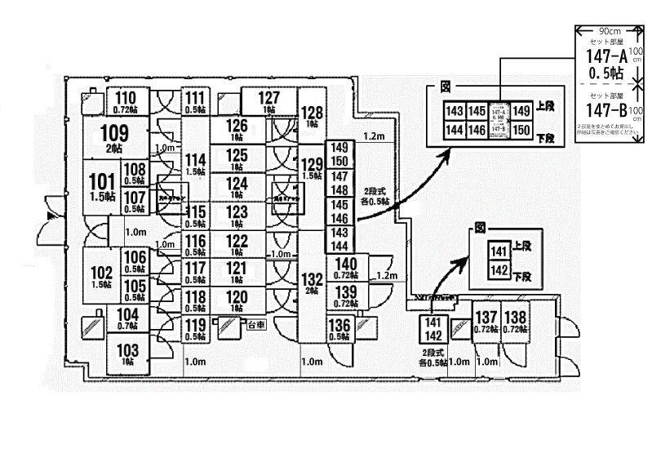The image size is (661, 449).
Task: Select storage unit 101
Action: coord(101,185)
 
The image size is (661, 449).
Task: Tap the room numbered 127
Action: coord(268,100)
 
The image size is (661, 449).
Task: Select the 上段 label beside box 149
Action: coord(546,106)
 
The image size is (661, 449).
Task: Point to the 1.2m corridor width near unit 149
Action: coord(375,136)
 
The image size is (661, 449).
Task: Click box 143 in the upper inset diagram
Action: coord(455,111)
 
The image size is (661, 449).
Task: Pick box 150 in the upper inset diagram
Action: coord(522,130)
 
